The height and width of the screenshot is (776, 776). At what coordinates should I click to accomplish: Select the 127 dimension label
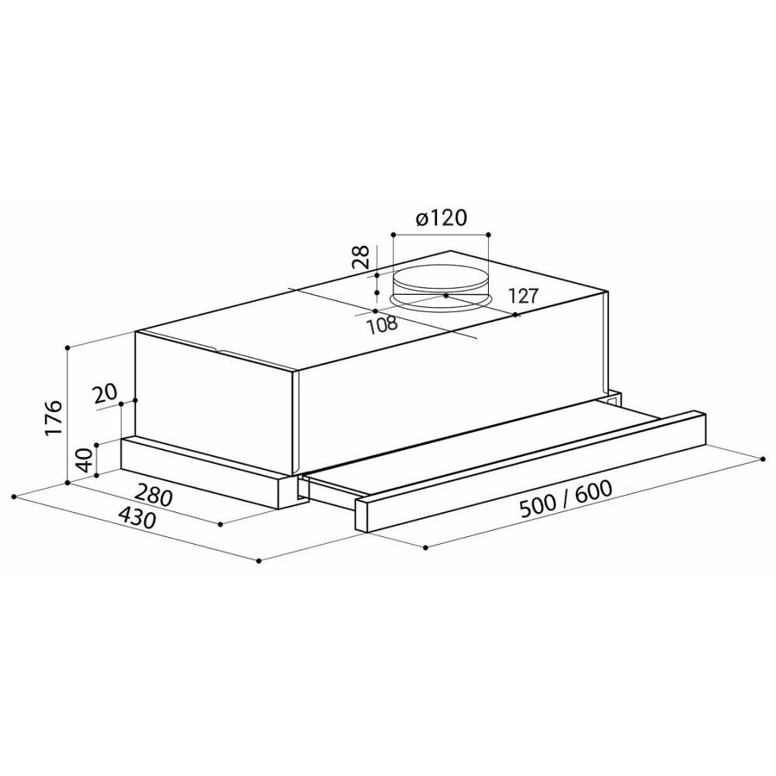(521, 296)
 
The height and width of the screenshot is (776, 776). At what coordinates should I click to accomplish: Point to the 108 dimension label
(382, 324)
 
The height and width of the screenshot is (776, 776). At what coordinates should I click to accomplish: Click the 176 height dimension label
(53, 417)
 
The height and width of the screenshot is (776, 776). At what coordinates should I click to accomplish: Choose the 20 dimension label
(105, 394)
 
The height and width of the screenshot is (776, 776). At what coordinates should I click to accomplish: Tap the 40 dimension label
(84, 459)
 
